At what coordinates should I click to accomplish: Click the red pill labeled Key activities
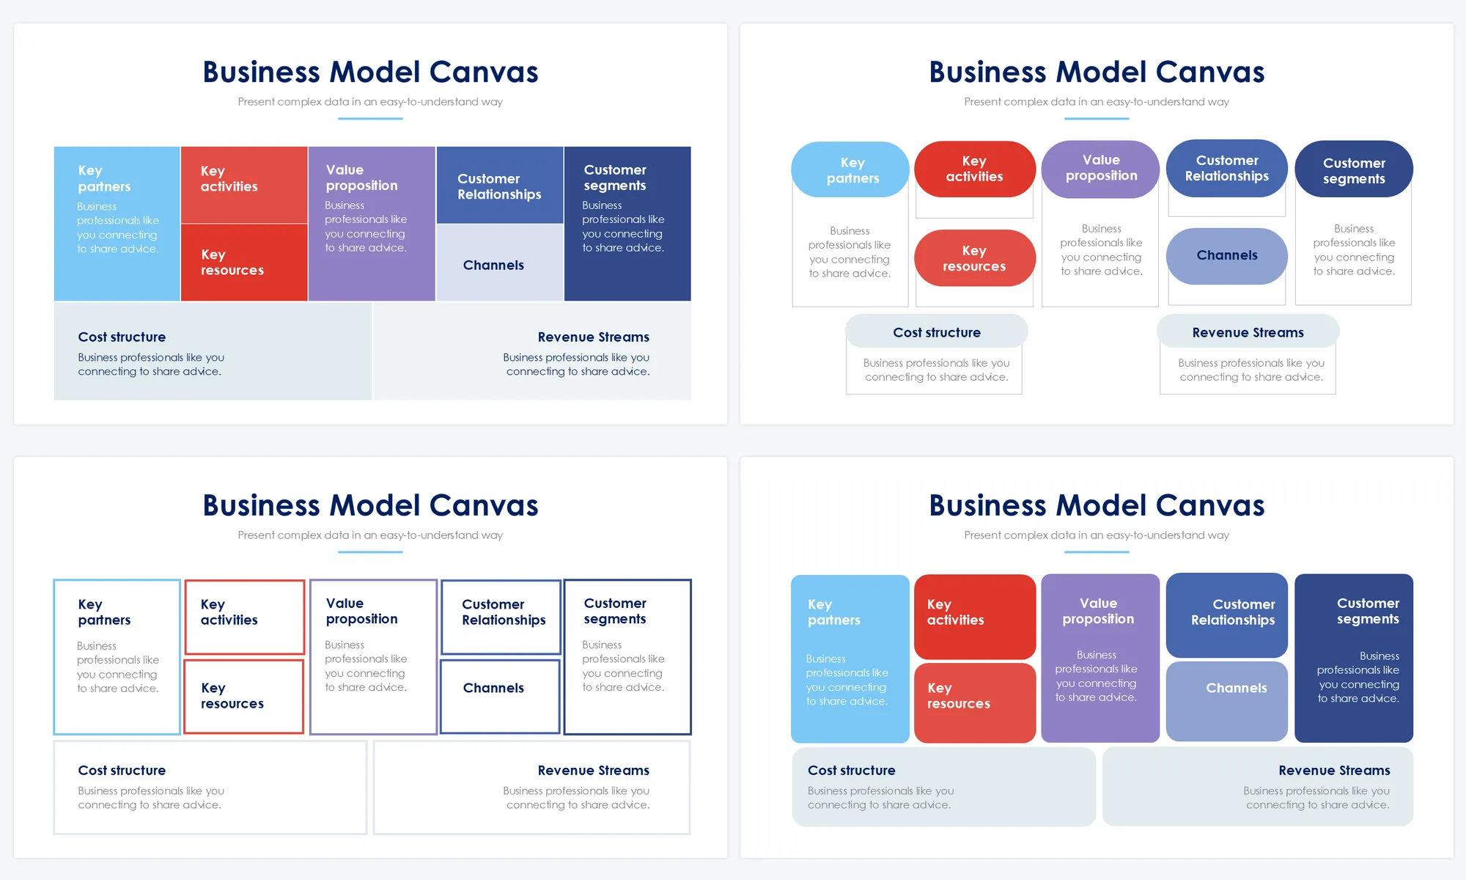click(x=974, y=169)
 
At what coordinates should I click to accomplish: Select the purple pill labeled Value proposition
click(x=1100, y=169)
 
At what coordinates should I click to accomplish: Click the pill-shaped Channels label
click(x=1226, y=256)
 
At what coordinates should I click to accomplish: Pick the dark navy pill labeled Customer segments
click(x=1354, y=170)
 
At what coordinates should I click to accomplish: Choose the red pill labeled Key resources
click(x=974, y=258)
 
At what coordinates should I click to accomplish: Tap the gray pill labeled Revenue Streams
click(x=1248, y=332)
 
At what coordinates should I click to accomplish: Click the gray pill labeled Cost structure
click(x=936, y=332)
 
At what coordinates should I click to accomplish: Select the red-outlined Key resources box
click(x=243, y=696)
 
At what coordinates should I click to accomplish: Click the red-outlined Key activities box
click(x=245, y=617)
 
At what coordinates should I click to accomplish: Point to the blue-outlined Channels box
click(x=500, y=696)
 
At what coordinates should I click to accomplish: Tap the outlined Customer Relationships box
click(x=501, y=617)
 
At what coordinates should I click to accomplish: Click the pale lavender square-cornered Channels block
click(x=500, y=263)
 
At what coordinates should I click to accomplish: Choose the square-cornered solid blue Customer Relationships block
click(x=500, y=186)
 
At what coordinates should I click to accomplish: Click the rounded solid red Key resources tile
click(x=974, y=703)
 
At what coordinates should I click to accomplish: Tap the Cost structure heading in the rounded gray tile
click(x=852, y=770)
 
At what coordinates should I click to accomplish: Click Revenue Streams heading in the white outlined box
click(x=593, y=770)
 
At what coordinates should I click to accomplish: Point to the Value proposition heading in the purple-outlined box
click(x=361, y=611)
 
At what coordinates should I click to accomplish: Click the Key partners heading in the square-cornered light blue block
click(x=104, y=178)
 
